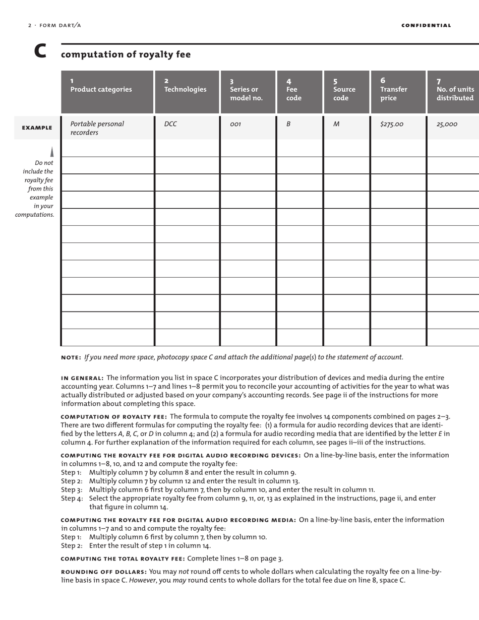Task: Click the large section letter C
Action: tap(40, 51)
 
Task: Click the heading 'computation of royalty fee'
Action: tap(126, 54)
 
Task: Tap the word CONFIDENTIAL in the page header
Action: tap(426, 25)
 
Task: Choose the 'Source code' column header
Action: tap(344, 90)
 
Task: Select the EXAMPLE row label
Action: tap(37, 128)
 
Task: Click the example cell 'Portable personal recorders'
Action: tap(97, 128)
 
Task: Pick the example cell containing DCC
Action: tap(171, 124)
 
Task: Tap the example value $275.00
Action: tap(392, 124)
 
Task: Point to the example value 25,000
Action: tap(443, 124)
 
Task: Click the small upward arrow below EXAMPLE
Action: tap(51, 151)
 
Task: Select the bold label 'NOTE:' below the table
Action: tap(71, 357)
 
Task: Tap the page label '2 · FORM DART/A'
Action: tap(54, 25)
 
